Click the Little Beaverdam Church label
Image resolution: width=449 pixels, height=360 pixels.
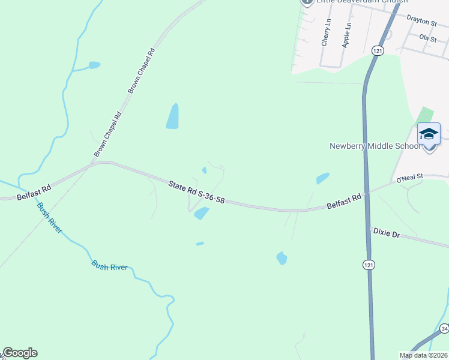(354, 2)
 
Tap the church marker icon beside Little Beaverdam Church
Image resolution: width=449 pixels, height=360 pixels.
(307, 2)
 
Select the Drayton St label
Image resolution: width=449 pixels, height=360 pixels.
(421, 21)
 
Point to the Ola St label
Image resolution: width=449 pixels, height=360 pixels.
(427, 37)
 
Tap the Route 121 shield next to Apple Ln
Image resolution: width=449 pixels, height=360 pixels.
(377, 51)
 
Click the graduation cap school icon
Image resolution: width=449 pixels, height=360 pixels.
(429, 134)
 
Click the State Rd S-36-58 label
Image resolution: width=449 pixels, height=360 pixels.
(196, 192)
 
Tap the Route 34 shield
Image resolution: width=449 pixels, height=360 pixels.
(444, 329)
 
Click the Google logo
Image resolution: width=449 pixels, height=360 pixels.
(19, 353)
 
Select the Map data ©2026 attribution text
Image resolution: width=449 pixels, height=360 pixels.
(423, 355)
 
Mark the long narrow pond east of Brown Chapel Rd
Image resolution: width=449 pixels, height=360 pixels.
(173, 116)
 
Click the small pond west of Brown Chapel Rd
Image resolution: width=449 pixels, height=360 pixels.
(94, 65)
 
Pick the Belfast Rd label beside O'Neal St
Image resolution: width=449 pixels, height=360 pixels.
(345, 201)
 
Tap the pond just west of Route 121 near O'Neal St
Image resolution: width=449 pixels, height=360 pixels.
(323, 178)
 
